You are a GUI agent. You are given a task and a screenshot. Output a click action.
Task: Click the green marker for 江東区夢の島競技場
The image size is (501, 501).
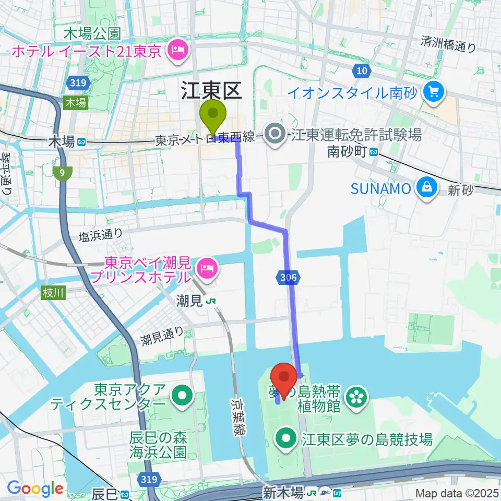287,440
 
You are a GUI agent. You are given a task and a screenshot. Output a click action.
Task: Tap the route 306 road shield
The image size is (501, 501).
287,278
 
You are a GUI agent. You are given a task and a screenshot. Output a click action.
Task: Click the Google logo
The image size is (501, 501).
35,488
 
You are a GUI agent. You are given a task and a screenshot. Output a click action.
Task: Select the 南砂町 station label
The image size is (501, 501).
347,152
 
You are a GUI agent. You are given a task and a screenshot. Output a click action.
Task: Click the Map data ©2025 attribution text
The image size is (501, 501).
456,493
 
